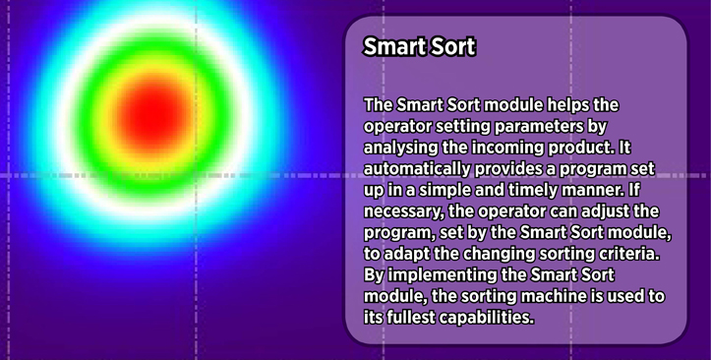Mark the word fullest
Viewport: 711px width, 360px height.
pyautogui.click(x=410, y=318)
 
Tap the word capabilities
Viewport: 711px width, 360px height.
pyautogui.click(x=485, y=318)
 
